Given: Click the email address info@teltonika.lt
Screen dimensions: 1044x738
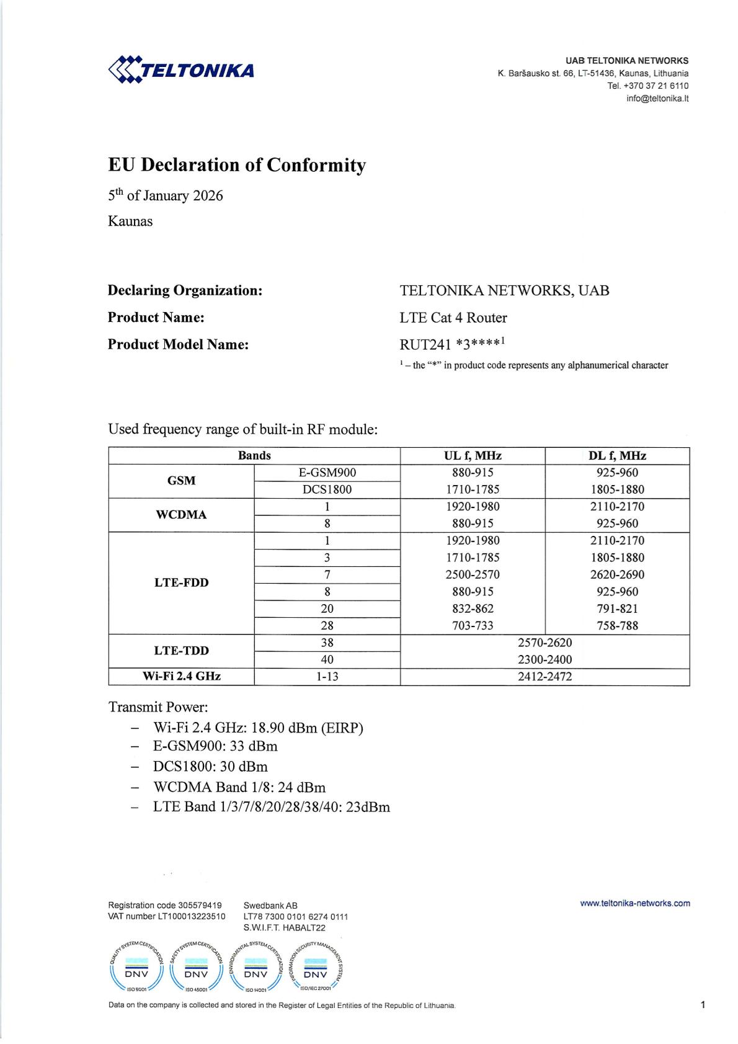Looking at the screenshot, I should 657,99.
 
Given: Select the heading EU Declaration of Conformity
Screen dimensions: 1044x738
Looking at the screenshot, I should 237,165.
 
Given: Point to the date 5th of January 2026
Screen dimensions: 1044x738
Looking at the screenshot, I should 166,196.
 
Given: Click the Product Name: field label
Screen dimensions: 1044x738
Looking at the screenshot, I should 156,318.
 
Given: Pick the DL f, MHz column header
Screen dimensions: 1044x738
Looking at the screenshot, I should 617,456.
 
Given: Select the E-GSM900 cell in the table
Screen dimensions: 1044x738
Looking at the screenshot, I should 327,473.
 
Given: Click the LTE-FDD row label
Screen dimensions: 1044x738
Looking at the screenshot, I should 181,582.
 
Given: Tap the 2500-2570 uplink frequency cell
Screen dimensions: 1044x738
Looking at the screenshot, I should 473,574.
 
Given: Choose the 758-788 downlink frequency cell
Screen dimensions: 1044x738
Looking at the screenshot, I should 617,626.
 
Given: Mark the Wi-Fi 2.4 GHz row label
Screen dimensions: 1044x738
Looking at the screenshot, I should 181,677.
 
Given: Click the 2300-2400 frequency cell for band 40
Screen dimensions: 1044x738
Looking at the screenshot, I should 545,659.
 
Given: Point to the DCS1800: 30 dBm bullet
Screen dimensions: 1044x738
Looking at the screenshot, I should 210,767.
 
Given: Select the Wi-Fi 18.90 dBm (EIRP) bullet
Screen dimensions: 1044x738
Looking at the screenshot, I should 258,728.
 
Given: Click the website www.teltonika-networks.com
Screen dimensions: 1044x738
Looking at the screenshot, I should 634,903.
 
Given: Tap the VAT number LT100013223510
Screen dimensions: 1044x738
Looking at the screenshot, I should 167,916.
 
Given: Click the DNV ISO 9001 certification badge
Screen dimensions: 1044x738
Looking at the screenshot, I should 136,967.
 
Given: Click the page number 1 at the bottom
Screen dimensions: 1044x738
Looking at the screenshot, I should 703,1004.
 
